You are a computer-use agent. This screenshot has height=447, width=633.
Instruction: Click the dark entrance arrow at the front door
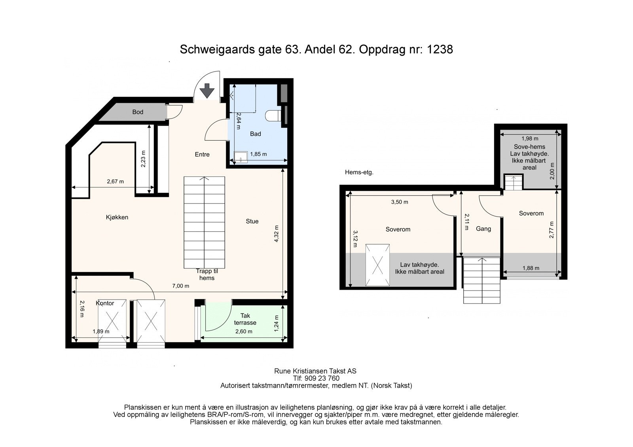tap(207, 91)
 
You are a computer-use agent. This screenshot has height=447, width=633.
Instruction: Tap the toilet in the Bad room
tap(273, 116)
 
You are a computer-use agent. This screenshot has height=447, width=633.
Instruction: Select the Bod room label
tap(138, 112)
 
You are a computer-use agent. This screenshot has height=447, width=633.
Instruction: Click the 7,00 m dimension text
tap(180, 286)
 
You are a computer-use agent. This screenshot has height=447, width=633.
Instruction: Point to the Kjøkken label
tap(117, 217)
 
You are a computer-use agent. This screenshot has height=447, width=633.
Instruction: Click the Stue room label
tap(252, 221)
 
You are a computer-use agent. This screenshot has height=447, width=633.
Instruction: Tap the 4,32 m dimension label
tap(277, 234)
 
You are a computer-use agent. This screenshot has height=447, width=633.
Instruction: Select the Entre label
tap(202, 154)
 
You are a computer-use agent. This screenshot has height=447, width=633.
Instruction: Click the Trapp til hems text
tap(207, 274)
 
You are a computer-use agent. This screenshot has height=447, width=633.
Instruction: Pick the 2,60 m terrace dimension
tap(244, 331)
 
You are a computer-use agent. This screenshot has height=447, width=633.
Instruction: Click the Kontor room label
tap(105, 303)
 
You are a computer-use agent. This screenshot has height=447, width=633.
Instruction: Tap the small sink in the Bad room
tap(241, 157)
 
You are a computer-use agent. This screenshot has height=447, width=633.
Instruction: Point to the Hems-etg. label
tap(359, 172)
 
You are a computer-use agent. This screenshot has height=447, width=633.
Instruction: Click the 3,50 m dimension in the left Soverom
tap(400, 202)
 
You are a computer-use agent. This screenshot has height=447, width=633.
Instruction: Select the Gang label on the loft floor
tap(483, 229)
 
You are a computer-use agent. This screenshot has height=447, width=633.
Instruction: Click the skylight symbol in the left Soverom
tap(377, 265)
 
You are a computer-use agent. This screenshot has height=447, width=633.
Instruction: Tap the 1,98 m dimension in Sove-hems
tap(530, 138)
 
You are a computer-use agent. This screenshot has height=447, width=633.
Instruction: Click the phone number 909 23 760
tap(322, 378)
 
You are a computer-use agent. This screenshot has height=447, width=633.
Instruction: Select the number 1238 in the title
tap(440, 49)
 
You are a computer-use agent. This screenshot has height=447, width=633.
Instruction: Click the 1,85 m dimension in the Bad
tap(258, 154)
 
